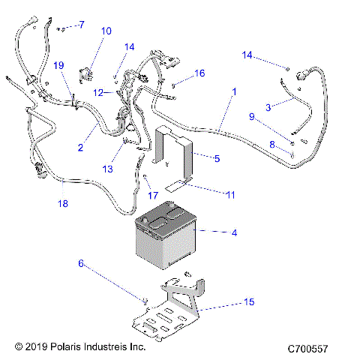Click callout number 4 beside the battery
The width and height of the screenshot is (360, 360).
(234, 233)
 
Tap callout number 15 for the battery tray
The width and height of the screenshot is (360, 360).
(249, 302)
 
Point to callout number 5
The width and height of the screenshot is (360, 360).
(217, 158)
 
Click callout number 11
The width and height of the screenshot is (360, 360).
(230, 193)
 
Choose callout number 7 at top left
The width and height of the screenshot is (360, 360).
(82, 25)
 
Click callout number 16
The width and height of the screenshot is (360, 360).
(199, 73)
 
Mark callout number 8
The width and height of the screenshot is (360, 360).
(273, 143)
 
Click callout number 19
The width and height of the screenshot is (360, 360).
(58, 65)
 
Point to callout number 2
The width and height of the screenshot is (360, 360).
(80, 148)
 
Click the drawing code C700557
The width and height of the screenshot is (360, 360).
(314, 349)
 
